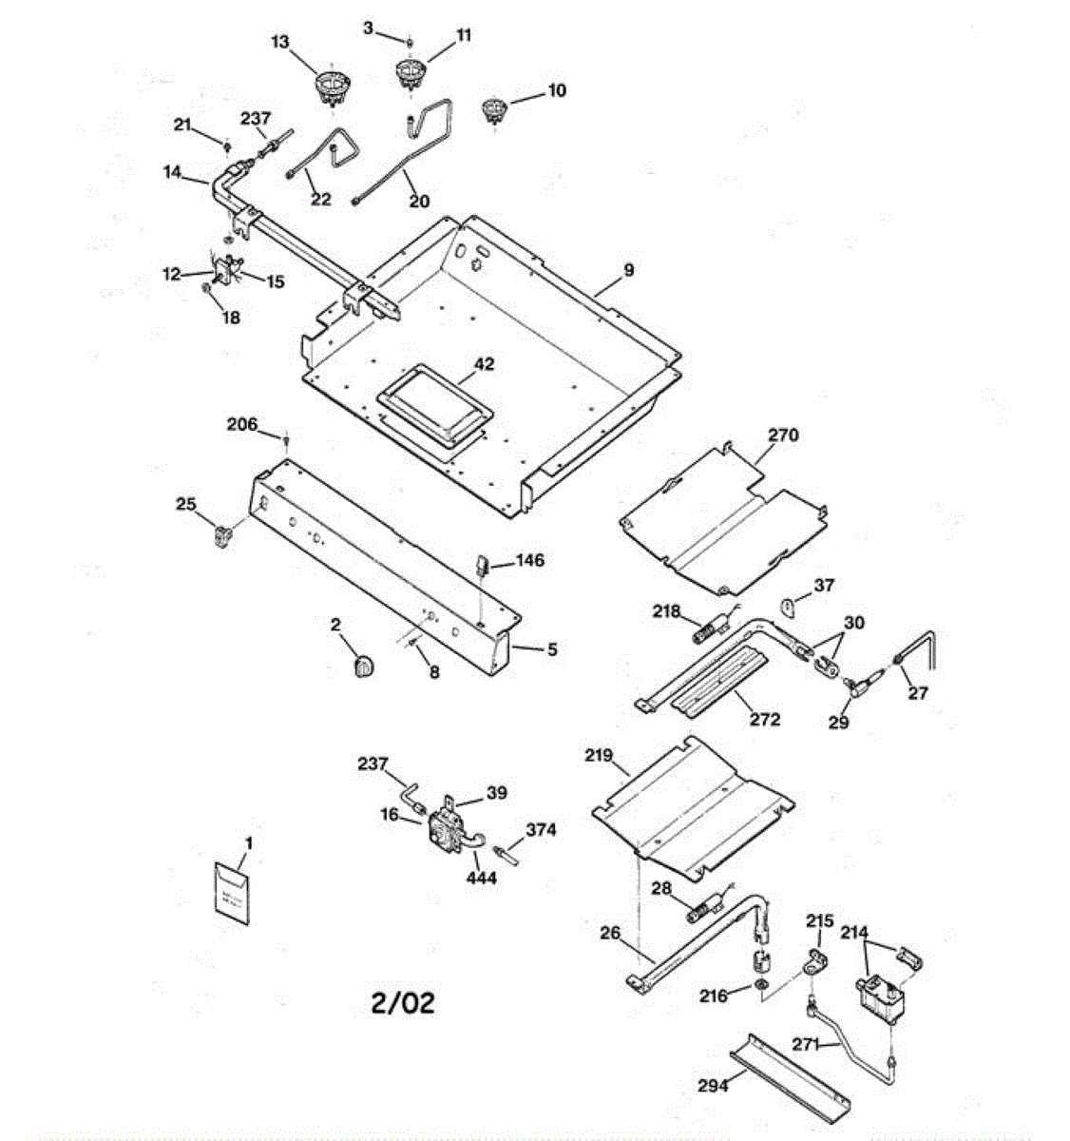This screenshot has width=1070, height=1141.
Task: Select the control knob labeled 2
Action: point(361,667)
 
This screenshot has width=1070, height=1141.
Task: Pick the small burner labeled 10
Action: point(493,109)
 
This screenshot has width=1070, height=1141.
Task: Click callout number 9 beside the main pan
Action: point(628,270)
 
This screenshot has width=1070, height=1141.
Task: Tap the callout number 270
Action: point(783,435)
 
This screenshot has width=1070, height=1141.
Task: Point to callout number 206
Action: point(241,424)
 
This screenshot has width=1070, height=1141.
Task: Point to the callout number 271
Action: point(806,1044)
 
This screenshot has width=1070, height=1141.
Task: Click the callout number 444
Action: point(481,878)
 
